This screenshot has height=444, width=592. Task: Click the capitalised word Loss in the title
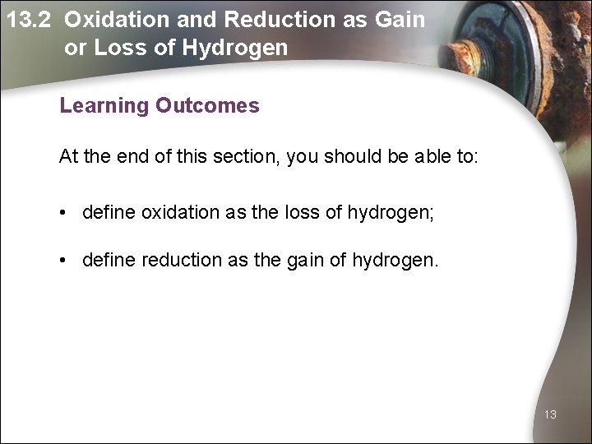click(120, 48)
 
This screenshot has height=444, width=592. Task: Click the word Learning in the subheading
click(102, 106)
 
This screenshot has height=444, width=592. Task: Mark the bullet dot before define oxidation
click(63, 214)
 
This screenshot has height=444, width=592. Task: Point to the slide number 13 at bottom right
click(550, 415)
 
